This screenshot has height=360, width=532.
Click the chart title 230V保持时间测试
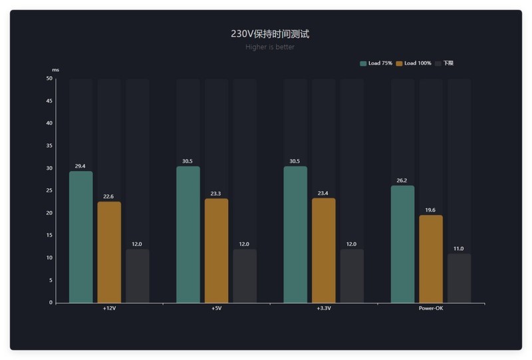pos(269,34)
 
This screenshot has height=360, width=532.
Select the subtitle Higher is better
pos(269,47)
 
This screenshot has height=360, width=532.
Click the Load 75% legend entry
pos(376,63)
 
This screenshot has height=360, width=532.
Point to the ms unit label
pos(56,70)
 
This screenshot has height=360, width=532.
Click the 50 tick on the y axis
pos(49,79)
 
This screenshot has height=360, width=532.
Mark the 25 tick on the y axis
pos(49,191)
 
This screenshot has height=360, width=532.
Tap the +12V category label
pos(109,309)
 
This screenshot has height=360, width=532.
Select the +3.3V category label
pos(323,309)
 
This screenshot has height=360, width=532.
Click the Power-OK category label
pos(431,309)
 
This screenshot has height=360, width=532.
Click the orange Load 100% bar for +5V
pos(216,251)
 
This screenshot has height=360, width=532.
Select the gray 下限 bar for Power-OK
pos(459,278)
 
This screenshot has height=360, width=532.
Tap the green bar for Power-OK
pos(402,244)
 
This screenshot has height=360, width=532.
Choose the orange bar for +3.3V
pos(323,251)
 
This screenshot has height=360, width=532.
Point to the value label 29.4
pos(80,166)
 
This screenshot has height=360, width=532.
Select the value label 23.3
pos(216,194)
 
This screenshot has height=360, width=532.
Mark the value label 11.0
pos(459,248)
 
